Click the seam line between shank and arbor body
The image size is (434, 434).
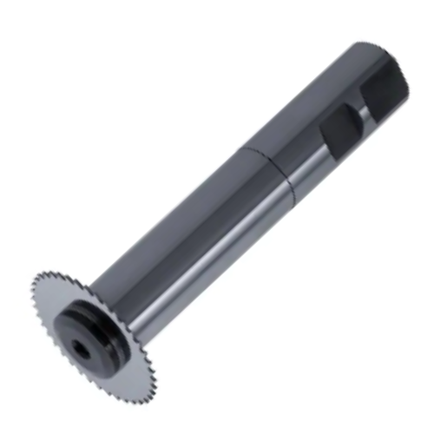click(x=260, y=156)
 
